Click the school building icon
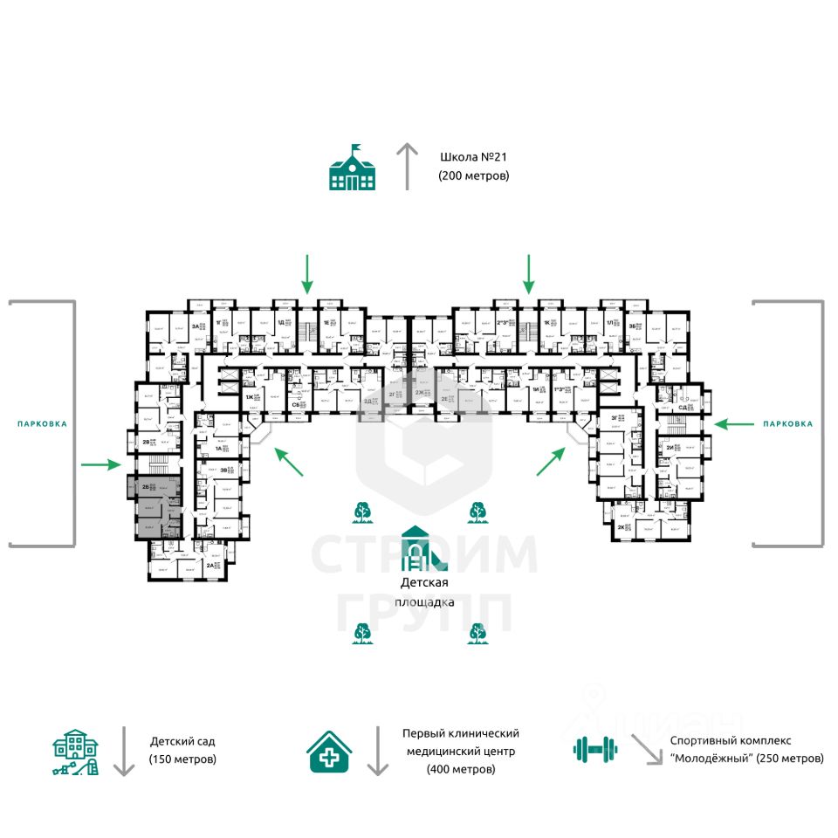tap(352, 168)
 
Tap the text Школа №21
tap(474, 158)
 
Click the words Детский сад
tap(182, 742)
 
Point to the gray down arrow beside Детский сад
tap(124, 751)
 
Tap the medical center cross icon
tap(330, 752)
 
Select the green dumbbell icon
tap(595, 748)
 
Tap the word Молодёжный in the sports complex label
tap(711, 759)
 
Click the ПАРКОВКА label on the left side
tap(42, 424)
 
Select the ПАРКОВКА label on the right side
tap(787, 424)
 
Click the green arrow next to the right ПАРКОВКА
tap(732, 424)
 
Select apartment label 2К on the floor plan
tap(622, 528)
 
